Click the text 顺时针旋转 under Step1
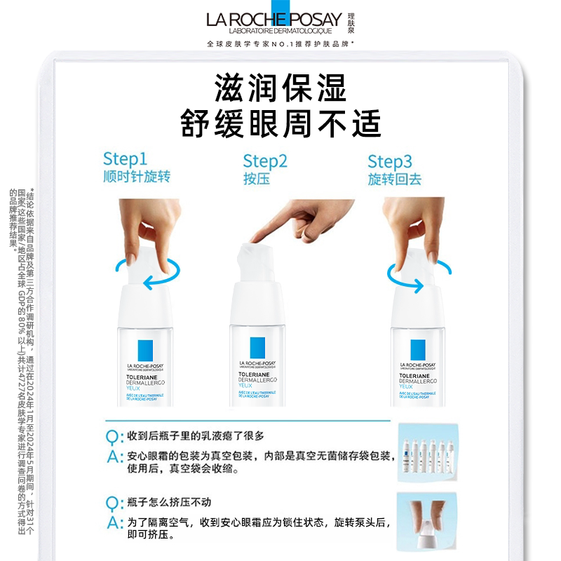[x=137, y=177]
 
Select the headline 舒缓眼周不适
[x=280, y=123]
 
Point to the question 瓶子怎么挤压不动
[x=165, y=503]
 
